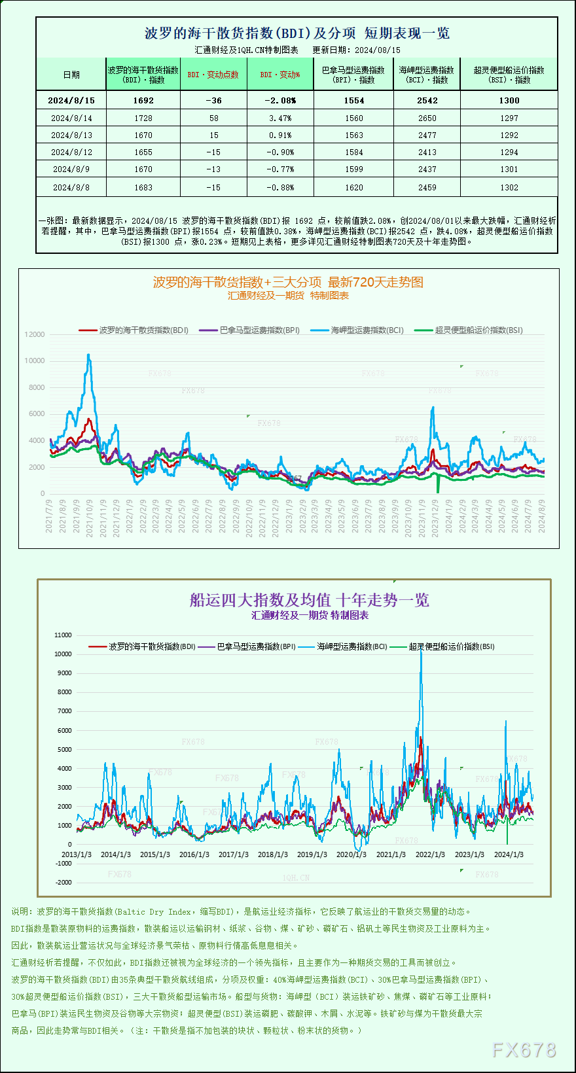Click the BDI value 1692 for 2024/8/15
[143, 100]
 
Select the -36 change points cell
[213, 100]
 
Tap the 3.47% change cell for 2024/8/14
[280, 118]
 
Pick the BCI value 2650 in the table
[427, 118]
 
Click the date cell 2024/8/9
[71, 169]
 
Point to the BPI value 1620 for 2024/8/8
[353, 187]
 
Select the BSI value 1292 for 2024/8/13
[509, 135]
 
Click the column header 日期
[71, 75]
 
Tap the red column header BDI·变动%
[280, 75]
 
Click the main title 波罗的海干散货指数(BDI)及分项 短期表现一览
[297, 33]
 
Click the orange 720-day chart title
[288, 282]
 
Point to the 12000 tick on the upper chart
[35, 334]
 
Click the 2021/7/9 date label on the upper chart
[49, 516]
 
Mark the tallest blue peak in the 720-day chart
[88, 355]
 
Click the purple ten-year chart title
[309, 600]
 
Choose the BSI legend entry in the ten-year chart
[451, 646]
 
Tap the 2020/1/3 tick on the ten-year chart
[351, 854]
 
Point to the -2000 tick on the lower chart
[63, 882]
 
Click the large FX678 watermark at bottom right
[524, 1049]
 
